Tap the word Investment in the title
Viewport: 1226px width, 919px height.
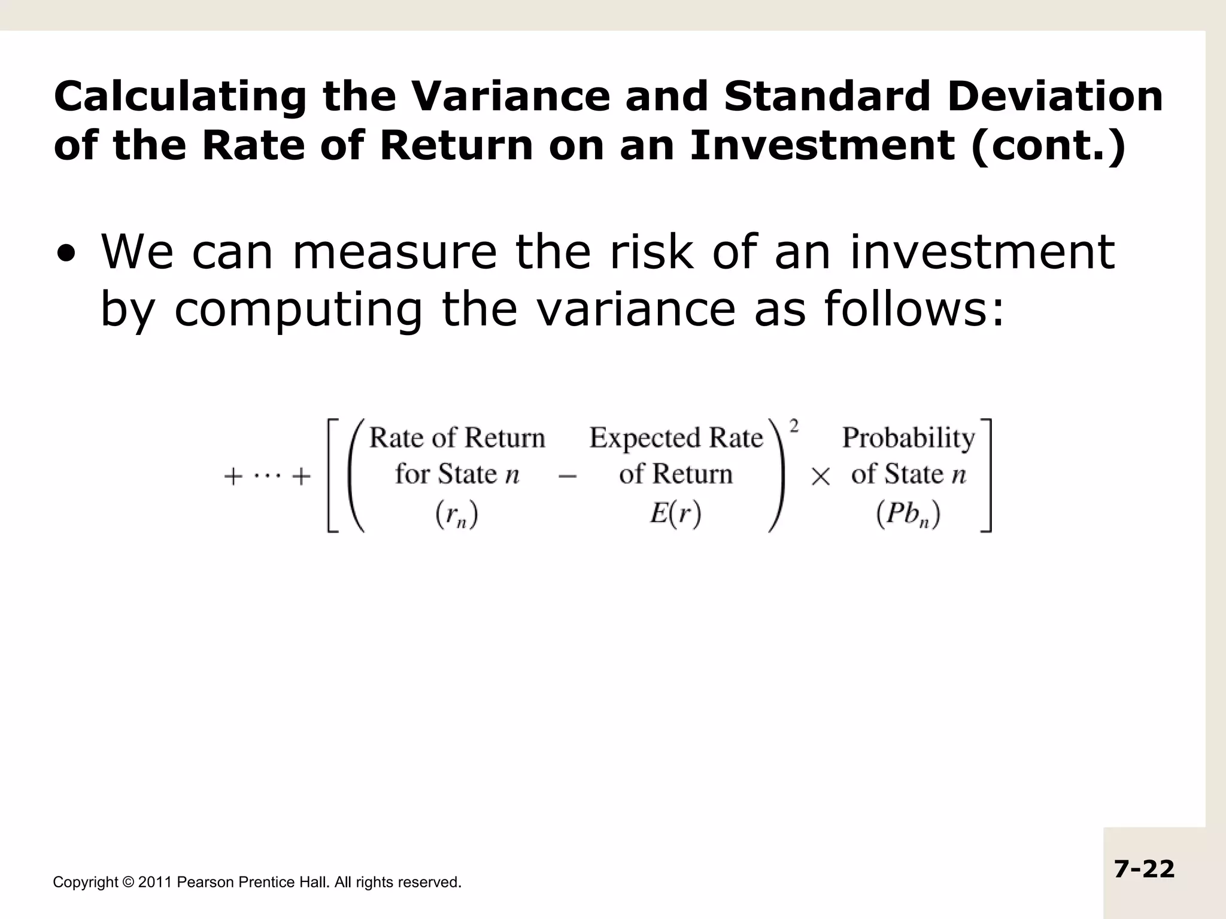[x=822, y=145]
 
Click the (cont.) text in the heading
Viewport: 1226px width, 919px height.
[x=1048, y=147]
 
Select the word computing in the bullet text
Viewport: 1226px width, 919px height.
[x=298, y=310]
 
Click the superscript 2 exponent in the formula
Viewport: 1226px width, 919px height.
[x=794, y=426]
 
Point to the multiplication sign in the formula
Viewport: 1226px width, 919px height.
[x=820, y=477]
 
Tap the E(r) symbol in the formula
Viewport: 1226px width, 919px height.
[x=675, y=513]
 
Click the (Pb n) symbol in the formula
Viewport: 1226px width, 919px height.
[x=908, y=514]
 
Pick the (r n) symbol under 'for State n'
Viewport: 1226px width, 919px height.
[x=456, y=514]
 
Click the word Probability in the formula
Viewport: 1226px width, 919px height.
[x=908, y=439]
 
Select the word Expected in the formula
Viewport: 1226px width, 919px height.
[x=645, y=439]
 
